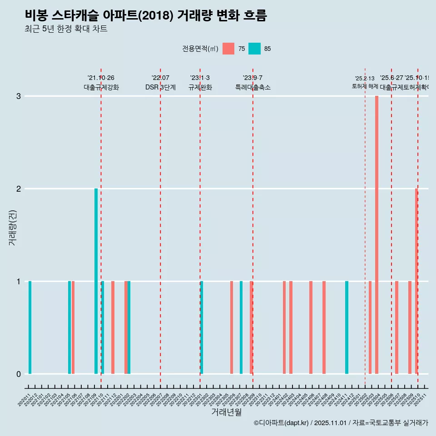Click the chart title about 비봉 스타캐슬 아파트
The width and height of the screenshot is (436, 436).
(x=146, y=15)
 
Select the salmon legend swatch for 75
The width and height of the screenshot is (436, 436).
(x=228, y=49)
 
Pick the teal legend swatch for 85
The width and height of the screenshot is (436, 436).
(x=254, y=49)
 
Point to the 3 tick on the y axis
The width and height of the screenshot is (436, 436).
(x=19, y=96)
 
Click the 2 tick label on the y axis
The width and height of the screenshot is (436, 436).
(x=19, y=189)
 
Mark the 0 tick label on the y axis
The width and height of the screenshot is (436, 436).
(x=19, y=374)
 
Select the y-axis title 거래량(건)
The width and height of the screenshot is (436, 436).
(x=12, y=227)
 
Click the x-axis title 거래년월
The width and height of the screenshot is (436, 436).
(x=226, y=412)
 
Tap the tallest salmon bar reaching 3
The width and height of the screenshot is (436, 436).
(x=377, y=234)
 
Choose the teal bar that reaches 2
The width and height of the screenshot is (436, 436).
(x=96, y=281)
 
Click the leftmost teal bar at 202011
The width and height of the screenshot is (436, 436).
(x=30, y=327)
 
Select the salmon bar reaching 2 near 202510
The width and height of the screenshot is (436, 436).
(x=416, y=281)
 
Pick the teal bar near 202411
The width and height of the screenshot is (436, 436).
(x=347, y=327)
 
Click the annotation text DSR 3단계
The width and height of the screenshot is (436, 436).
(x=160, y=87)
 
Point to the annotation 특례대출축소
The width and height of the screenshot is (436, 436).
(x=253, y=87)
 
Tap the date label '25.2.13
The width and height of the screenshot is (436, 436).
(x=365, y=79)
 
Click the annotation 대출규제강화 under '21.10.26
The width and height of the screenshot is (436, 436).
(x=101, y=87)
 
